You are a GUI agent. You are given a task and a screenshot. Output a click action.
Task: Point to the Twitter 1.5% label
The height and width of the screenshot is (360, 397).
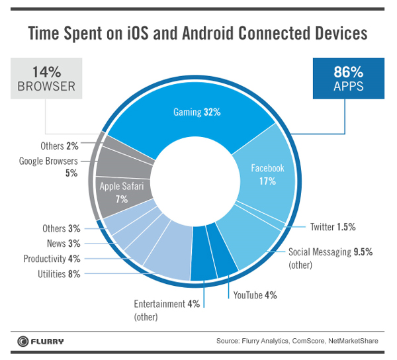coord(333,227)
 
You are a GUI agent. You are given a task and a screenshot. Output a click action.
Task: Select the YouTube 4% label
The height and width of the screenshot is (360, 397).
coord(250,295)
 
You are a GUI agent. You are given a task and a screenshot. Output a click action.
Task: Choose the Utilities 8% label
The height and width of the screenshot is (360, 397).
coord(58,273)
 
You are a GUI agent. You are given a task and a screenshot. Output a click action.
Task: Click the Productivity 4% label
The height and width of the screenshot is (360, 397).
coord(52,259)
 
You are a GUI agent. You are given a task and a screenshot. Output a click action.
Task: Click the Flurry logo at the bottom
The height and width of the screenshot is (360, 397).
coord(40,341)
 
